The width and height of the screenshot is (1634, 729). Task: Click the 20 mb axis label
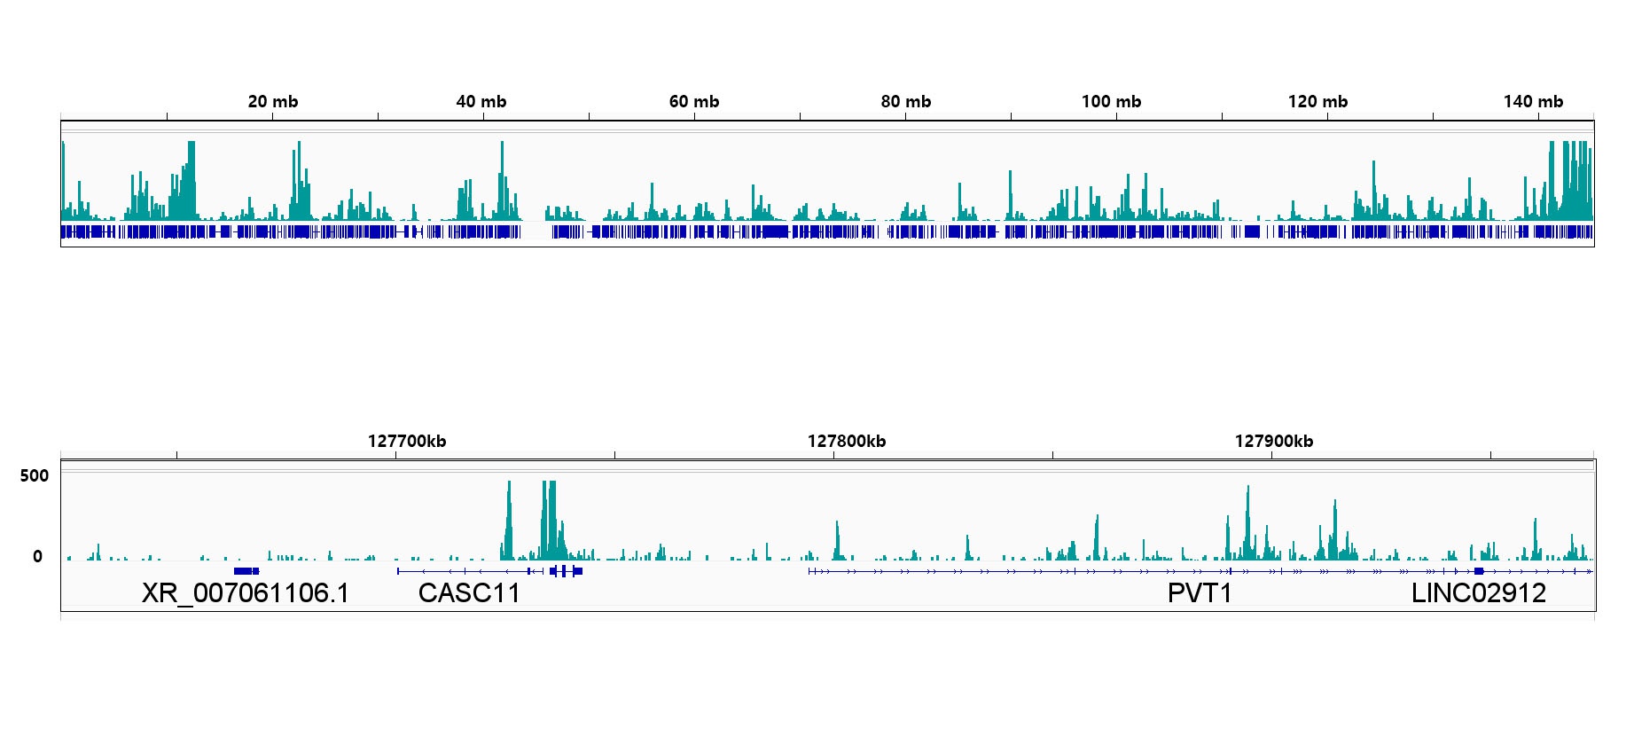(273, 102)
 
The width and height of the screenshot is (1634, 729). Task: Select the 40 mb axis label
(481, 102)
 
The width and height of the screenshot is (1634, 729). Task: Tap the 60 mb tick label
(694, 102)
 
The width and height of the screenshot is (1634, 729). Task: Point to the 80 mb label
(906, 102)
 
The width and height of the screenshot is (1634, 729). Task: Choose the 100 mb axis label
(1111, 102)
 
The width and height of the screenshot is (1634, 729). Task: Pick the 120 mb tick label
(1317, 102)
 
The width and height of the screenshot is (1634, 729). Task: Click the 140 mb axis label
(1533, 102)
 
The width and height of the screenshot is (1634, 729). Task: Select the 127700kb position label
(407, 442)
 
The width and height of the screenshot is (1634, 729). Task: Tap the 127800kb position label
(847, 442)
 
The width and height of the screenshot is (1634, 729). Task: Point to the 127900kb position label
(1274, 442)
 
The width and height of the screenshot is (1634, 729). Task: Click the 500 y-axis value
(35, 476)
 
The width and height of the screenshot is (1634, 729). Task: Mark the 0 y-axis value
(37, 557)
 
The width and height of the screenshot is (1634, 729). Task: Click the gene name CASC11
(469, 593)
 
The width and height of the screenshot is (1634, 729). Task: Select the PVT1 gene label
(1200, 593)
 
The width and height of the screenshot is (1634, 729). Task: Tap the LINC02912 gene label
(1478, 593)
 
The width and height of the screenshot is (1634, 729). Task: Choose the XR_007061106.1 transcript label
(246, 593)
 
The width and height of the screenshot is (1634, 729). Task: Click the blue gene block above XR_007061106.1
(246, 571)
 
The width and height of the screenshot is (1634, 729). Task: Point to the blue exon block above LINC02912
(1479, 571)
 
